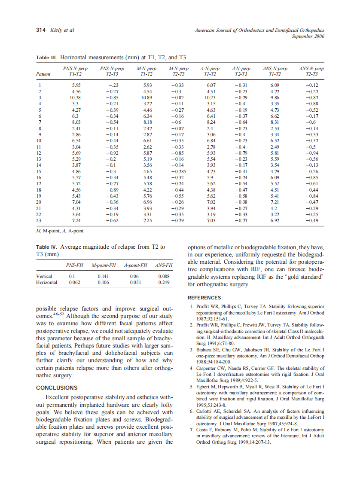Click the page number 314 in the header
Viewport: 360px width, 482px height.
[40, 30]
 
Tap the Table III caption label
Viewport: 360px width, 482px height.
[46, 57]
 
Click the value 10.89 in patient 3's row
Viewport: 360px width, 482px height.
[146, 98]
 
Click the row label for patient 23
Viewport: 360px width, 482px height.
[39, 220]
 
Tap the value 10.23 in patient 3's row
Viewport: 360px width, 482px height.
[210, 98]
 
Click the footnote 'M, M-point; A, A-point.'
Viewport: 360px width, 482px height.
[60, 231]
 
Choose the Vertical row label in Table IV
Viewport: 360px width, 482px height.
[44, 276]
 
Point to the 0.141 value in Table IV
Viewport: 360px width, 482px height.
[104, 276]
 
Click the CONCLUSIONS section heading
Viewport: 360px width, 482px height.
[57, 387]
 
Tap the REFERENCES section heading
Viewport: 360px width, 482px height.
[204, 298]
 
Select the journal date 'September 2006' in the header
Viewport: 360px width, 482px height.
[308, 36]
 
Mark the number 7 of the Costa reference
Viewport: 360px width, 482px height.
[191, 430]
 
